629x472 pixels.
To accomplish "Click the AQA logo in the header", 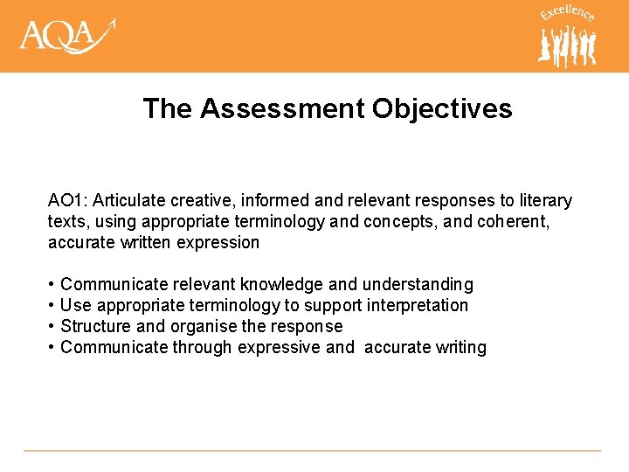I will click(x=66, y=36).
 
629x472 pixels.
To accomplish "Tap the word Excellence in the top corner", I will click(x=567, y=14).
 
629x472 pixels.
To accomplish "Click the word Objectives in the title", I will click(x=442, y=108).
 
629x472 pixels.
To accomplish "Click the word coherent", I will click(x=513, y=222).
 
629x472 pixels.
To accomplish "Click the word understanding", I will click(x=418, y=285).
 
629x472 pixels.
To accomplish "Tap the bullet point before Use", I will click(x=52, y=306).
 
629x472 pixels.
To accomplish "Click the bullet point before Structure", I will click(x=52, y=327).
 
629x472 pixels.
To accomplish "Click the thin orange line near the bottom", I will click(x=312, y=451).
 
